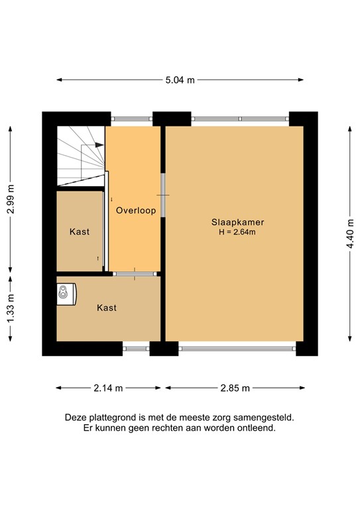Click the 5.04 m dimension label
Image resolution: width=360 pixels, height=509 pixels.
[180, 80]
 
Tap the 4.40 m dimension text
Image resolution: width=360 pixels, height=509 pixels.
[350, 232]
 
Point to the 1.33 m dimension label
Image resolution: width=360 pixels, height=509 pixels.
[10, 309]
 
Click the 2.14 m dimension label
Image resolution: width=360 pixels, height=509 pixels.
[108, 388]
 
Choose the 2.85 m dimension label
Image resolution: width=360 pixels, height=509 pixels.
[235, 388]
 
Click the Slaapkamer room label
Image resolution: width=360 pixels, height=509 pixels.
[234, 223]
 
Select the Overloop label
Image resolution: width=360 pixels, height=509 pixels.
[135, 211]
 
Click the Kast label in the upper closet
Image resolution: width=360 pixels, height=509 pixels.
[80, 232]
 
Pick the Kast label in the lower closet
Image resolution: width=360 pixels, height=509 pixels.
[107, 308]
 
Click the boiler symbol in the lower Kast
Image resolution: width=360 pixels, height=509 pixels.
[66, 292]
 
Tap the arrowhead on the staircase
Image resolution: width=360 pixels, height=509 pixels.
[99, 144]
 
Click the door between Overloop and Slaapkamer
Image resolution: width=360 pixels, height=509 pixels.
[163, 195]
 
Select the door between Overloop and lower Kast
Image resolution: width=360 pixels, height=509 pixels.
[135, 274]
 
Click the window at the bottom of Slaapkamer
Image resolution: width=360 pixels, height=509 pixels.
[237, 347]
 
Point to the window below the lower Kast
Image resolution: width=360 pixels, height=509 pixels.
[136, 347]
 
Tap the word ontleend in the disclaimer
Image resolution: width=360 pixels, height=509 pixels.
[255, 428]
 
